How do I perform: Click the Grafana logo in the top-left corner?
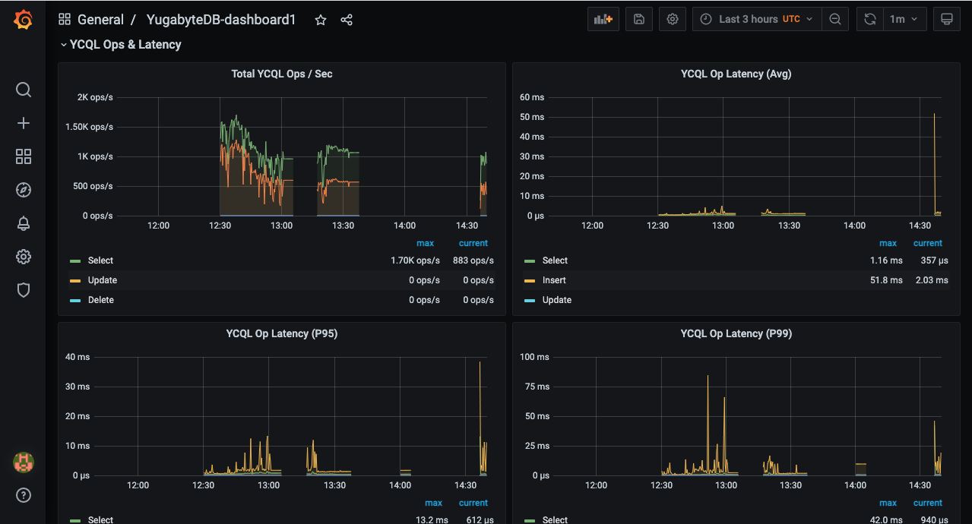(23, 20)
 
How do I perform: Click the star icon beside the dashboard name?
(321, 20)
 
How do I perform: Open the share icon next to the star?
(347, 20)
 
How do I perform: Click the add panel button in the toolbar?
(603, 19)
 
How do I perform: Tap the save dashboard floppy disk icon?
(639, 19)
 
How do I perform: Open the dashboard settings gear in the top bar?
(673, 19)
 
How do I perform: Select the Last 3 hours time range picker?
(756, 19)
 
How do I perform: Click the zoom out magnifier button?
(835, 19)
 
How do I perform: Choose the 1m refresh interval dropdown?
(904, 19)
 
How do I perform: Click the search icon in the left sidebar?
(24, 90)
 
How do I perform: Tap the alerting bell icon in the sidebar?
(24, 223)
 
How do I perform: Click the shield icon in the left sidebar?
(24, 290)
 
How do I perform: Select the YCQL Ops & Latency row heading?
(125, 44)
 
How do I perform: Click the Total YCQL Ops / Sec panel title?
(282, 74)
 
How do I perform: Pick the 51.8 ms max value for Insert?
(886, 280)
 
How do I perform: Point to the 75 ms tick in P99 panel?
(537, 387)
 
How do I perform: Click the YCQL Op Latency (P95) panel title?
(282, 333)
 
